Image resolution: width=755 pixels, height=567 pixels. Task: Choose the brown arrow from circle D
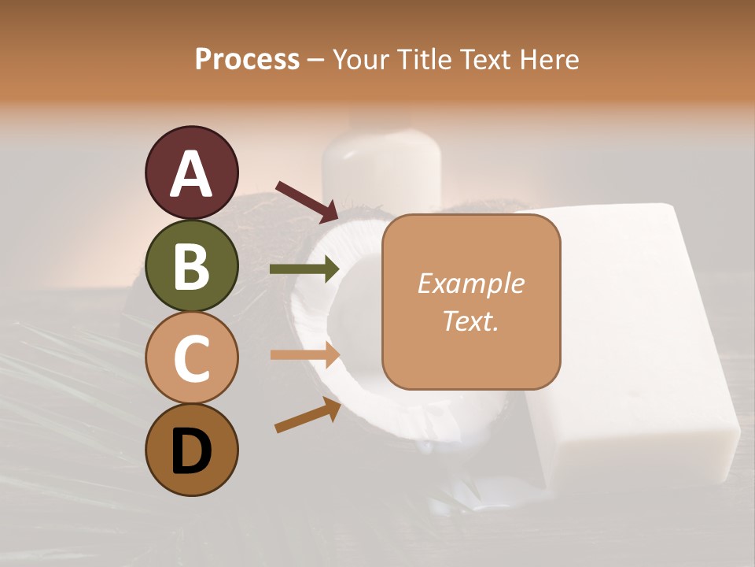coord(307,415)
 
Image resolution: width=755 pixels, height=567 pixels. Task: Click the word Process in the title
coord(247,59)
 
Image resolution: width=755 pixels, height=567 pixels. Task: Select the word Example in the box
coord(470,283)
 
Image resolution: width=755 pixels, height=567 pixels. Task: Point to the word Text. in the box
coord(470,321)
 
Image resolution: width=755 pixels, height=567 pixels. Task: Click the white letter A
coord(191,174)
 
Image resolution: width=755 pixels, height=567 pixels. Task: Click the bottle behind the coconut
coord(381,165)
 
